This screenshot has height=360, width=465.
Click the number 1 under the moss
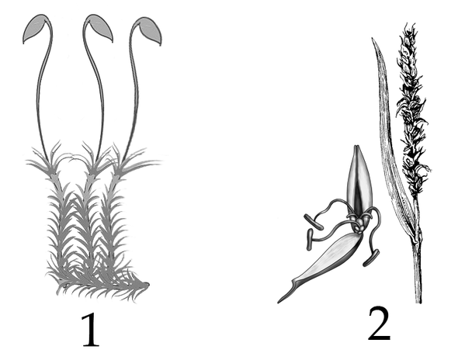tap(91, 330)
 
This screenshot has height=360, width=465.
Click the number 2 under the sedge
tap(379, 324)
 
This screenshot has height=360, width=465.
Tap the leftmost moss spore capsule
tap(35, 29)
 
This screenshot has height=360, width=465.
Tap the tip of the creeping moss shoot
tap(147, 285)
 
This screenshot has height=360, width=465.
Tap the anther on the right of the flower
tap(371, 258)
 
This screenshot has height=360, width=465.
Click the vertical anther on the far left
tap(310, 239)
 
